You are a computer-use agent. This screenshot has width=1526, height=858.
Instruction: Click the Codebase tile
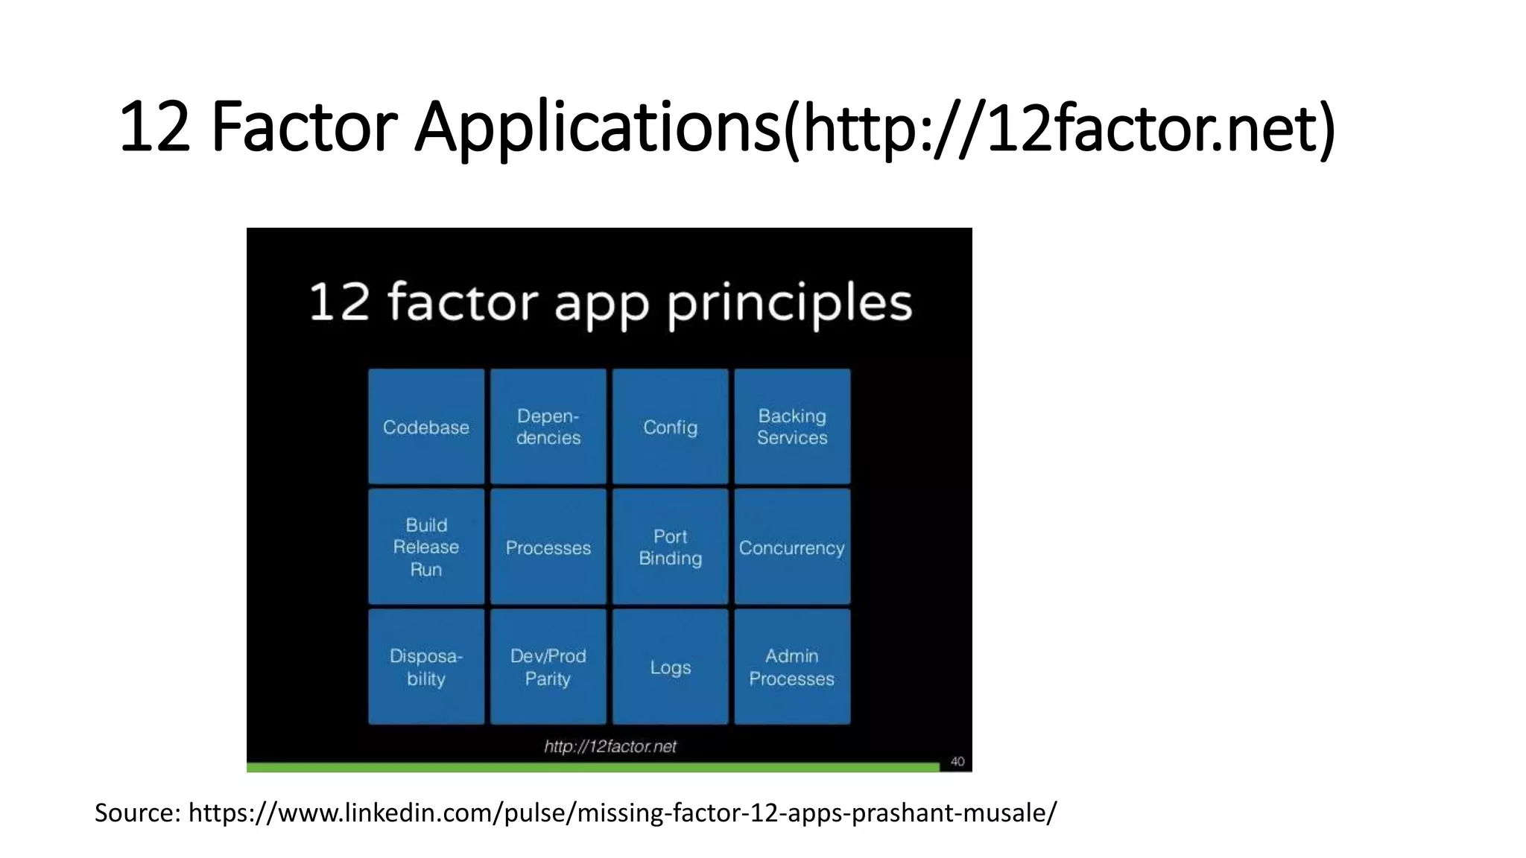coord(426,427)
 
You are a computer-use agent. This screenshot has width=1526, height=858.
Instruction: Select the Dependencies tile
coord(548,427)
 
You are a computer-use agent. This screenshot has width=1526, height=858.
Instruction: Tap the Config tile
coord(671,427)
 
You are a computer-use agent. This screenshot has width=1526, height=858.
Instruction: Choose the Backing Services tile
coord(792,427)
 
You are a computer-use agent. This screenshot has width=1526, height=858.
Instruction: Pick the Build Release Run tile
coord(426,547)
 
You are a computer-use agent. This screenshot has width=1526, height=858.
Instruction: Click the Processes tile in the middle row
coord(548,547)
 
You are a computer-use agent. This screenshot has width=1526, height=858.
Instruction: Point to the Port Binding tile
coord(671,547)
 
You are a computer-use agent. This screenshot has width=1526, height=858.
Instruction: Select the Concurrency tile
coord(792,547)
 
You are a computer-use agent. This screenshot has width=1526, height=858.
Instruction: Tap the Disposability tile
coord(426,667)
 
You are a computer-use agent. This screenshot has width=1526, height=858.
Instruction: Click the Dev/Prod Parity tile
coord(548,667)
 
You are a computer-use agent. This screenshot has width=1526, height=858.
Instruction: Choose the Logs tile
coord(671,667)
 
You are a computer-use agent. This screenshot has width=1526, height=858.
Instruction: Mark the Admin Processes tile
coord(792,667)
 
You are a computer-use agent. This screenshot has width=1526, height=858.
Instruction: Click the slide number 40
coord(957,761)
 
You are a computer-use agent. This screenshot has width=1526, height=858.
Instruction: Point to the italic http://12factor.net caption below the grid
coord(610,746)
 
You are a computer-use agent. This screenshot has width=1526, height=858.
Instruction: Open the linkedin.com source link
coord(622,813)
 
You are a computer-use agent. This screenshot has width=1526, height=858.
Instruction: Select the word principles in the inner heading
coord(789,304)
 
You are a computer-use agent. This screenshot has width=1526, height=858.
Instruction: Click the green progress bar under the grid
coord(592,767)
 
